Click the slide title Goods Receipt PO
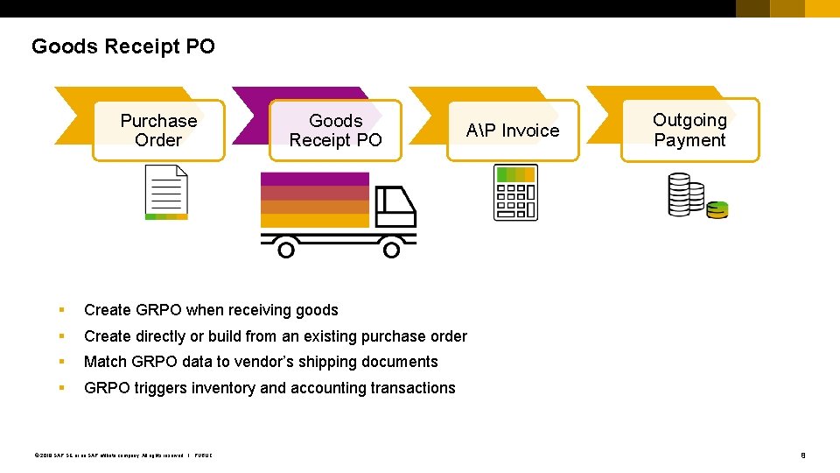(122, 46)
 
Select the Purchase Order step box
(158, 131)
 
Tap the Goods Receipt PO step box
(335, 131)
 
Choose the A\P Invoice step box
(513, 131)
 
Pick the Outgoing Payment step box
(689, 130)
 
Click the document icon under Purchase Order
(166, 194)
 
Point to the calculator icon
(515, 192)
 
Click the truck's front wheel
(391, 250)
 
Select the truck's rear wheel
(285, 250)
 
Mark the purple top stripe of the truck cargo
(315, 179)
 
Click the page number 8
(803, 455)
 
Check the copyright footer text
(122, 455)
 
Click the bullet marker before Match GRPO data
(61, 362)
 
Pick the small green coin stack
(717, 209)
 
